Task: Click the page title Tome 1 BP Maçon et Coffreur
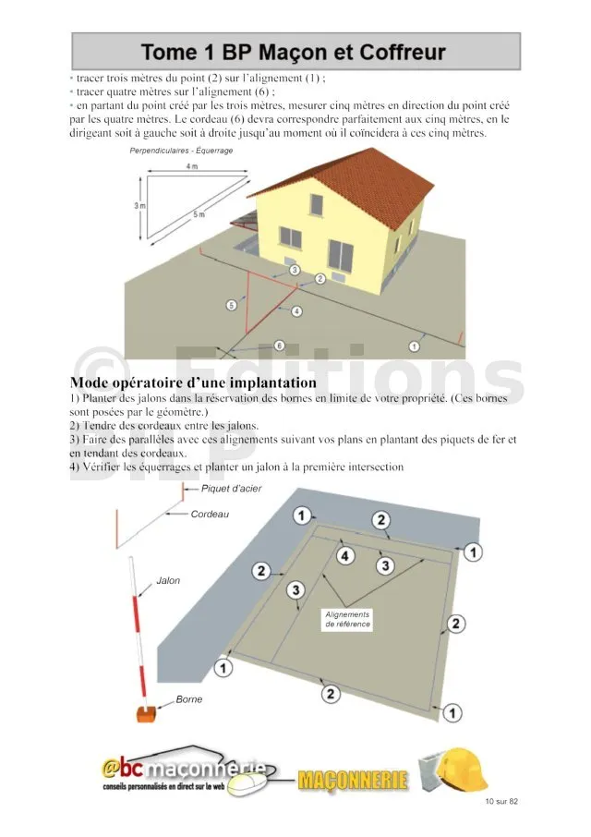click(295, 53)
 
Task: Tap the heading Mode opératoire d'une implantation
click(193, 382)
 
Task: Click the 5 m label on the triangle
click(199, 214)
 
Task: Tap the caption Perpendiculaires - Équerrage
click(181, 150)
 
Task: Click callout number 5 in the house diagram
click(232, 305)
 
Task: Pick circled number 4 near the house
click(296, 311)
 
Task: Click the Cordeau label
click(210, 514)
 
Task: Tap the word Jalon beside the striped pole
click(168, 581)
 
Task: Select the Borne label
click(188, 699)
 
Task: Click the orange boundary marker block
click(146, 714)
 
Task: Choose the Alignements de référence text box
click(347, 619)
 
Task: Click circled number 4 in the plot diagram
click(345, 556)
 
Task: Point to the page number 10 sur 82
click(501, 801)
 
